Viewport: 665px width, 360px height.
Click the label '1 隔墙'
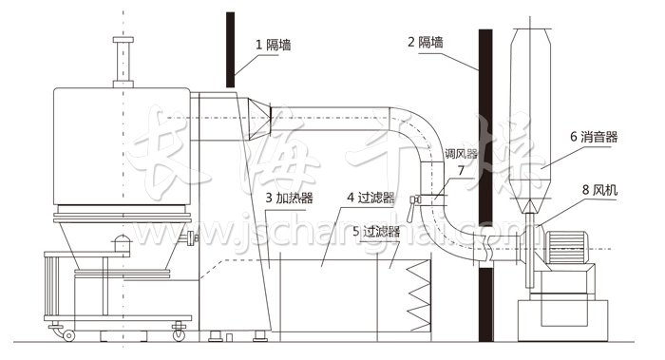tap(273, 44)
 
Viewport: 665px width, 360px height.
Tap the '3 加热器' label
tap(290, 198)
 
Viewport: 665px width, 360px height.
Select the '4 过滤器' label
tap(370, 198)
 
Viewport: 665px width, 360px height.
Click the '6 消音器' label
tap(594, 137)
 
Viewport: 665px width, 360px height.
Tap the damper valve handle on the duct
tap(414, 201)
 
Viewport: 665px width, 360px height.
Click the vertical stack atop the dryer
tap(121, 62)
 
